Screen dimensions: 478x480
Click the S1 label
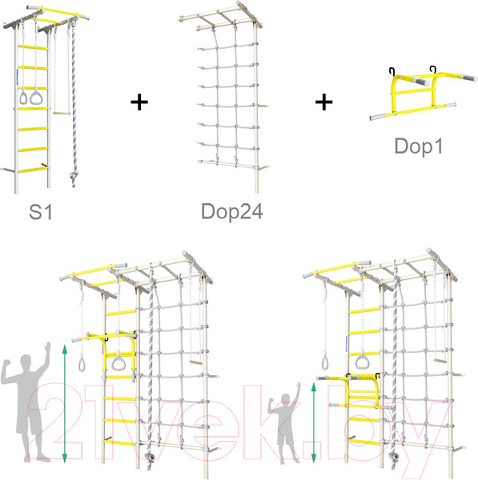41,211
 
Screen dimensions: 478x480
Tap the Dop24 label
232,211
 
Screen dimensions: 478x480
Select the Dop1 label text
419,146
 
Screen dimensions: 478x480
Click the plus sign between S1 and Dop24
139,102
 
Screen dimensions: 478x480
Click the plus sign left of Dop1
324,102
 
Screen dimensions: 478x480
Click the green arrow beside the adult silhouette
64,403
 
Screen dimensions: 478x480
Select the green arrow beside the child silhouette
313,422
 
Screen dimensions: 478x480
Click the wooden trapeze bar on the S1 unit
62,113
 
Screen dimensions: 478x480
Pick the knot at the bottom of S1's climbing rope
73,176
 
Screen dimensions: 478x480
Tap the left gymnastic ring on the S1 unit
23,98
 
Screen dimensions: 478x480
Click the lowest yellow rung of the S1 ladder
33,170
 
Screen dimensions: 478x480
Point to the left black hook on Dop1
392,70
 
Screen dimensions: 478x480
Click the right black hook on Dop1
433,69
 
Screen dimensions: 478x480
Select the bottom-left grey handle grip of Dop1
379,118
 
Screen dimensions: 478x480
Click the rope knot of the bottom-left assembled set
149,458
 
